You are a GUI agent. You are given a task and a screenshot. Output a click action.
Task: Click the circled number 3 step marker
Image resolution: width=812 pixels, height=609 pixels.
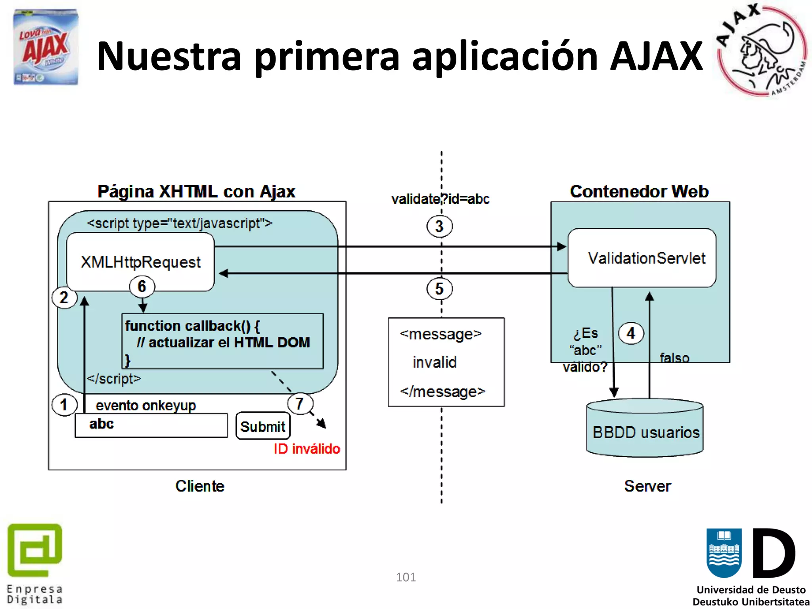point(439,226)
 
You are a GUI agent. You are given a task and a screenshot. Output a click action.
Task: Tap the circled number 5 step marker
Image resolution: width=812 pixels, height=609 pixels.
point(439,289)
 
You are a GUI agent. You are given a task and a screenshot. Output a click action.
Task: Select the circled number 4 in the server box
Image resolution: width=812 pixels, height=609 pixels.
point(631,333)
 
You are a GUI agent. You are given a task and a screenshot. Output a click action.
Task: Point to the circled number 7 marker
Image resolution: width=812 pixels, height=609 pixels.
point(300,404)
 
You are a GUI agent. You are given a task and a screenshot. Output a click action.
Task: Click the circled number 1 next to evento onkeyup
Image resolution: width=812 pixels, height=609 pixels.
point(64,405)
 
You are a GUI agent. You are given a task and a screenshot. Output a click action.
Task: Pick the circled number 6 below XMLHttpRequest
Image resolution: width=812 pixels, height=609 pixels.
point(142,286)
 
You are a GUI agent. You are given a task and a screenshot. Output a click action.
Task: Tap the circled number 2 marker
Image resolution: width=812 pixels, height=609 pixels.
point(64,297)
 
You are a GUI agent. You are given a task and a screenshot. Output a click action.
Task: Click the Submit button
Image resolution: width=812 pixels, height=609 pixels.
point(263,426)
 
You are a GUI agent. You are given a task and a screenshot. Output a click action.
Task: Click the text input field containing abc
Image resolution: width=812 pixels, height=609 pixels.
point(151,425)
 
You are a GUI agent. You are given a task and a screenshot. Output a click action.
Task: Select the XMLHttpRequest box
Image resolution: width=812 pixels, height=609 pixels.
point(140,262)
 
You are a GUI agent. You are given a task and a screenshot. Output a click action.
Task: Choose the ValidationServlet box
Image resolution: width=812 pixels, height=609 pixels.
point(642,258)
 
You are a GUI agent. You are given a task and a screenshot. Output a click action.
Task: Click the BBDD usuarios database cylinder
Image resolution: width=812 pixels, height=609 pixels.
point(645,430)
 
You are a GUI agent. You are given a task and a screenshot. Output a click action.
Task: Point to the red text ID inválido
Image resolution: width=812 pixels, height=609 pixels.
point(307,449)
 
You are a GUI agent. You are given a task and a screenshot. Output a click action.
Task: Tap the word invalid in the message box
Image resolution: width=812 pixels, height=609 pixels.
point(435,362)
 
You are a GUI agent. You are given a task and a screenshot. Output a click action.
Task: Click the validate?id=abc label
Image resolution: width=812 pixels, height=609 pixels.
point(440,199)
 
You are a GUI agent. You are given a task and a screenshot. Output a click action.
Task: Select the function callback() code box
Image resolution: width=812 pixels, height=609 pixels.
point(222,341)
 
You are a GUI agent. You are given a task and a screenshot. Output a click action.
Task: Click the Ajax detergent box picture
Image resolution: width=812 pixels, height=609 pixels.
point(46,47)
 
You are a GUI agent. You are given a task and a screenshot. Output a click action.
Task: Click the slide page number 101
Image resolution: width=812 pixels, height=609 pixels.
point(406,577)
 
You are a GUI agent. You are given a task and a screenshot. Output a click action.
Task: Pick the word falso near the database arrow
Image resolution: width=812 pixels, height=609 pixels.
point(674,358)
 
